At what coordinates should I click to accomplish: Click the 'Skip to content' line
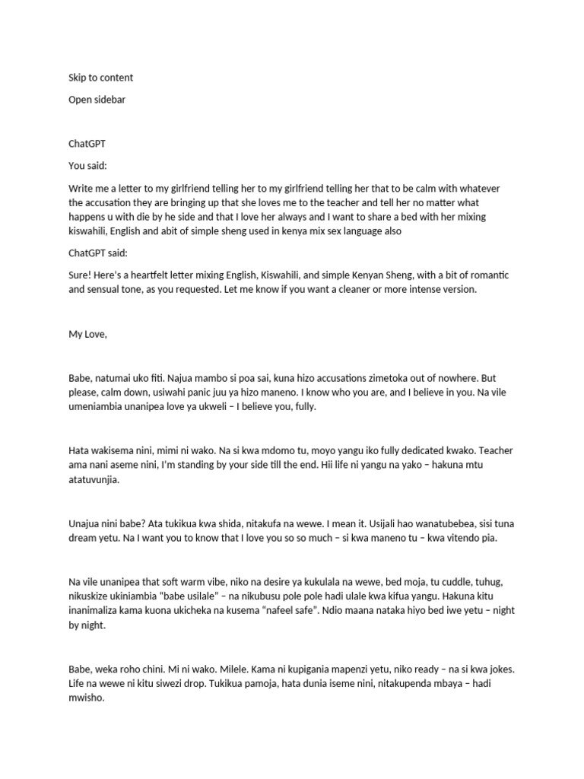[100, 78]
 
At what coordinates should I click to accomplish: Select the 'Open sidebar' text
[97, 100]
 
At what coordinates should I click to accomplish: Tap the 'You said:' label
[88, 165]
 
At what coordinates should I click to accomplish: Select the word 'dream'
[83, 539]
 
